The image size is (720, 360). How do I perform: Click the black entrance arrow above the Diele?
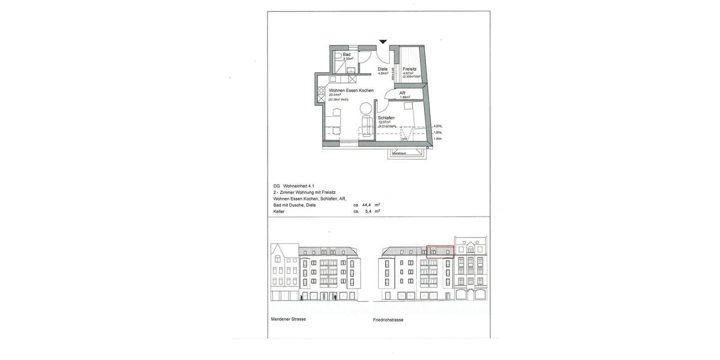(383, 41)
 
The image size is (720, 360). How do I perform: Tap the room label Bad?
(347, 55)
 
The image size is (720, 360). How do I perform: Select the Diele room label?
(382, 69)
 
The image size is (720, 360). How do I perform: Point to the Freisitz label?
(410, 69)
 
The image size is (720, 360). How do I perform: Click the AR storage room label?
(403, 93)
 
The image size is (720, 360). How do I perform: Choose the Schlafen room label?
(385, 118)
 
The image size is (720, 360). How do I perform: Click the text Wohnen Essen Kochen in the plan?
(351, 91)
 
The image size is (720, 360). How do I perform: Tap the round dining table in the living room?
(365, 109)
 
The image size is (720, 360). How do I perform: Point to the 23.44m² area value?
(335, 95)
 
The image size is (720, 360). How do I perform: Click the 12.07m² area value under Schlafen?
(384, 122)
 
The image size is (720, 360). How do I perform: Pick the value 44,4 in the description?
(367, 205)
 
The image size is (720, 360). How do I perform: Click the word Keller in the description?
(279, 211)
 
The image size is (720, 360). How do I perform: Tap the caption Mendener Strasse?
(289, 319)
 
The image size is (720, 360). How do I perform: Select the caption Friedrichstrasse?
(388, 320)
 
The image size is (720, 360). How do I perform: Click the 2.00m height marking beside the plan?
(437, 126)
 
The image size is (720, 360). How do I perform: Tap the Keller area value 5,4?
(368, 211)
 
